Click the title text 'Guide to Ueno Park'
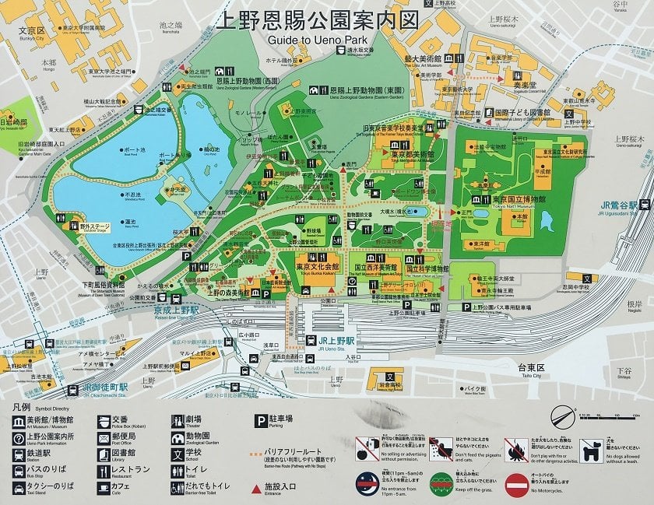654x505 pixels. click(326, 40)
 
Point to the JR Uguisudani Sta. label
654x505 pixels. click(619, 206)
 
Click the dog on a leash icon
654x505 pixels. click(589, 449)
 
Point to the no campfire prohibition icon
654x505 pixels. click(515, 449)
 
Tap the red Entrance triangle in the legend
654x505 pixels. click(256, 488)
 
